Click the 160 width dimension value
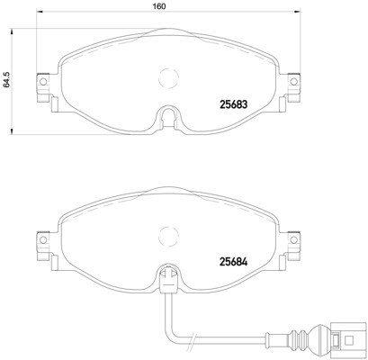(157, 7)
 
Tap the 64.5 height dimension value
(6, 82)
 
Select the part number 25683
(236, 102)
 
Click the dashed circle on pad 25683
(166, 78)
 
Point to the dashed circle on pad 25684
(166, 236)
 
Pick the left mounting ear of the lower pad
(40, 242)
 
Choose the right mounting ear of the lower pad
(292, 242)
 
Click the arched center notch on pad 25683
(166, 117)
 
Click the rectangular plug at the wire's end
(346, 341)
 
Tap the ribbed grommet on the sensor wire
(310, 341)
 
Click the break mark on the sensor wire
(191, 341)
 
